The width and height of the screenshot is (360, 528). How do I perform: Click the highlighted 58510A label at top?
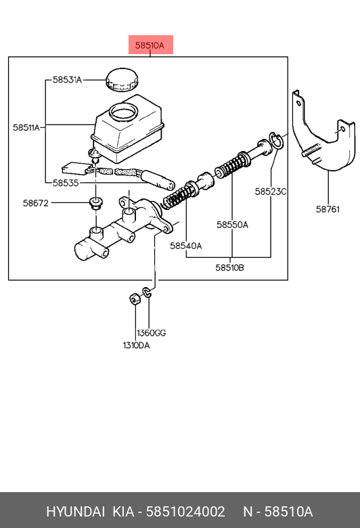point(150,45)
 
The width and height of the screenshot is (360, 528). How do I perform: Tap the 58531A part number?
point(68,80)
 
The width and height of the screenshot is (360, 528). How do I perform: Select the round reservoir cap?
point(122,79)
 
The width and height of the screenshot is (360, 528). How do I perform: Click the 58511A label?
point(26,128)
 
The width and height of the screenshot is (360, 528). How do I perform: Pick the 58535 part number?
point(66,183)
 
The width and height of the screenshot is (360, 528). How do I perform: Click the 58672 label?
point(36,203)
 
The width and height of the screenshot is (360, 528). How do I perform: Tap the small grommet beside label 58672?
point(96,204)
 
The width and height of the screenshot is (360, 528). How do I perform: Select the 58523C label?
point(271,192)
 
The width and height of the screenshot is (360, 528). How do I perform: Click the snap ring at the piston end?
point(276,140)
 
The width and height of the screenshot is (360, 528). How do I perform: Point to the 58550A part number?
point(232,225)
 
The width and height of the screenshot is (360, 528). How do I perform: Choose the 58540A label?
point(186,246)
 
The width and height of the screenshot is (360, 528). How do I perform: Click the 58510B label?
point(229,267)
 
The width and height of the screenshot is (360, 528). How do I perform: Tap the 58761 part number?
point(328,209)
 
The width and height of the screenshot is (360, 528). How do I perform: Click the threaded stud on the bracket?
point(311,150)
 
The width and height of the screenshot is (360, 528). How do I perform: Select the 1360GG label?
point(151,333)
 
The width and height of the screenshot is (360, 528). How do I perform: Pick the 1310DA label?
point(136,345)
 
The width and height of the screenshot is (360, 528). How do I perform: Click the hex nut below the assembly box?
point(135,299)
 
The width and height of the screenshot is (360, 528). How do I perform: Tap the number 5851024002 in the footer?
point(185,512)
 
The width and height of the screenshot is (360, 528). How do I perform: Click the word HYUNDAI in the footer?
point(75,512)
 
